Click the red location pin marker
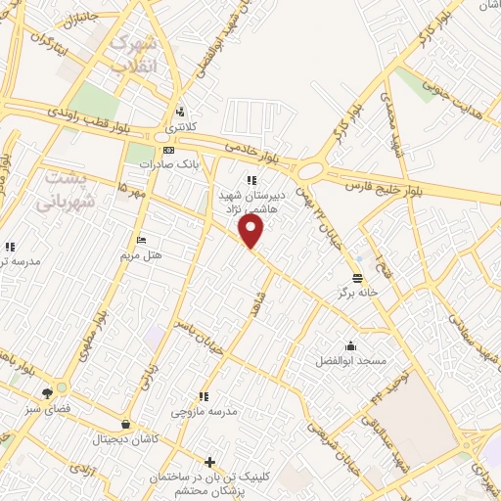251,231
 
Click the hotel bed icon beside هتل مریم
142,240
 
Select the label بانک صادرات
161,164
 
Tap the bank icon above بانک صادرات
169,150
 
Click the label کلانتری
179,127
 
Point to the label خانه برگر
358,293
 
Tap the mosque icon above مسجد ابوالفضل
350,344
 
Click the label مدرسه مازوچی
205,412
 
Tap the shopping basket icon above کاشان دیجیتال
126,425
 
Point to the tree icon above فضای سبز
47,392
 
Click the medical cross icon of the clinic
209,461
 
